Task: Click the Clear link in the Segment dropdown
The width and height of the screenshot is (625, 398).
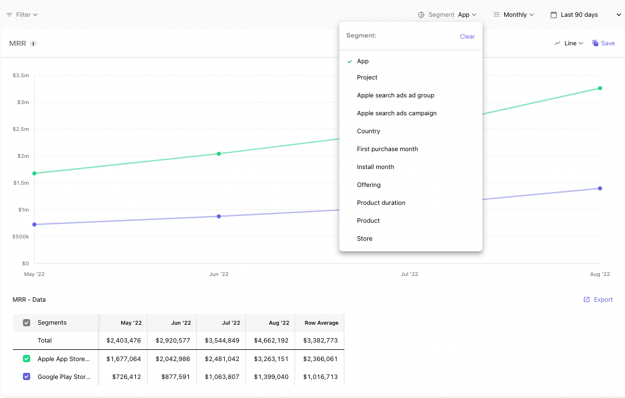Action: [x=467, y=36]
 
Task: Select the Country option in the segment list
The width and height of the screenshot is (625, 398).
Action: [x=368, y=131]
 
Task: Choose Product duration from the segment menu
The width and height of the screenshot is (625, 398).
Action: [x=381, y=203]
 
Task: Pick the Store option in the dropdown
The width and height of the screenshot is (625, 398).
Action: [x=364, y=238]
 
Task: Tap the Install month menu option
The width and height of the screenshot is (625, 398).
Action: [x=376, y=167]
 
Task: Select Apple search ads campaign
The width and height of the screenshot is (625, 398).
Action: [x=396, y=114]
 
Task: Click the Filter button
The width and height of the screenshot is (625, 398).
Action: [x=22, y=15]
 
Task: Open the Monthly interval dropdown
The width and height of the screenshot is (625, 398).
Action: [x=513, y=15]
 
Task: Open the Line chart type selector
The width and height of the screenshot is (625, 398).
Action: [x=569, y=43]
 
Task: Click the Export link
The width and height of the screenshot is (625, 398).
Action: [x=598, y=299]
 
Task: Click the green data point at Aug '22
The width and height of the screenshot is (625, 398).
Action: [x=600, y=88]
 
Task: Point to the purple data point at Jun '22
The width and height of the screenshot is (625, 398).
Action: [x=219, y=217]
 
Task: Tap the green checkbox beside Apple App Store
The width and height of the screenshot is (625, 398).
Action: [x=27, y=358]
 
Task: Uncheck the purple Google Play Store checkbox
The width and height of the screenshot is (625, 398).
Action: [x=27, y=376]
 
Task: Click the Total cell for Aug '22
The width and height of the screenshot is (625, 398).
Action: [x=271, y=340]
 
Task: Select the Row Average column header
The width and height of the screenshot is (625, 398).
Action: [x=321, y=323]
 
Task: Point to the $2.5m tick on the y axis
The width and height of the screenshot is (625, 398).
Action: [x=21, y=129]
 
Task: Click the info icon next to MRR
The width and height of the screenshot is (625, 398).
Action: [x=34, y=44]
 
